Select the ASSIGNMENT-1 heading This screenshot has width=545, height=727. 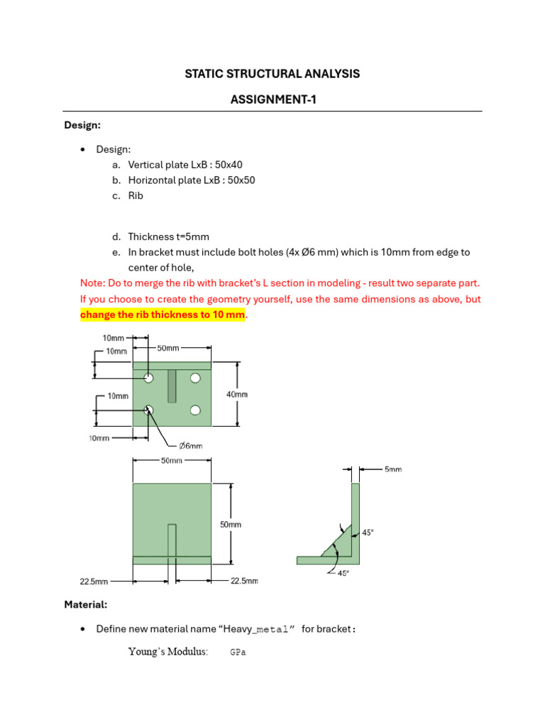pos(272,100)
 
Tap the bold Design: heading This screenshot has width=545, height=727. pos(82,125)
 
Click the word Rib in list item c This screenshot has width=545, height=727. pos(136,195)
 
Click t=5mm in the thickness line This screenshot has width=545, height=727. pos(192,236)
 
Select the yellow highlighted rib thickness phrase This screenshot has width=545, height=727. pos(163,314)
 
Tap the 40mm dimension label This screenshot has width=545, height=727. pos(237,394)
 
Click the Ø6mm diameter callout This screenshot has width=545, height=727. pos(190,446)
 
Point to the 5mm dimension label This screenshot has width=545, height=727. pos(393,469)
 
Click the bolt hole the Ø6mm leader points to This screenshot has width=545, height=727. pos(149,410)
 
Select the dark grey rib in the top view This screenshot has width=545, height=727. pos(172,385)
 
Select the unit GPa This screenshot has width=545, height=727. pos(238,652)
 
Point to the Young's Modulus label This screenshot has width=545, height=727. pos(168,652)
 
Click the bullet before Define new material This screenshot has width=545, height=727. pos(83,629)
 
